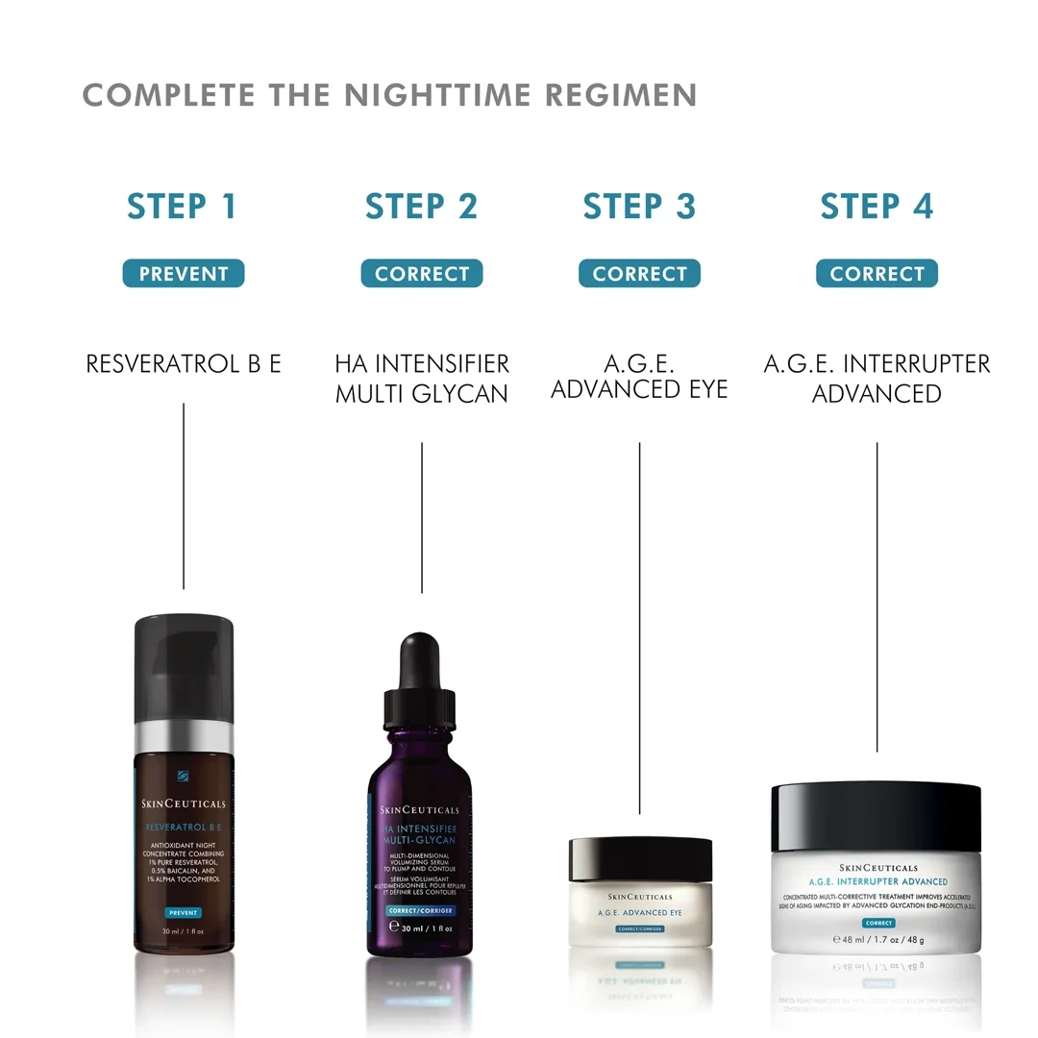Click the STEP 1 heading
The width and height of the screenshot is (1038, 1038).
click(x=182, y=207)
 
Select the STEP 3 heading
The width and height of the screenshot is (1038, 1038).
click(x=639, y=207)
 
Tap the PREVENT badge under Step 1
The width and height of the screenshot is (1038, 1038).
click(x=183, y=274)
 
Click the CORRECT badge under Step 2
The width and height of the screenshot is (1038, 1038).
click(x=421, y=274)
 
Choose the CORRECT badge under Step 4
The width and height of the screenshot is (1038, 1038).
click(x=877, y=274)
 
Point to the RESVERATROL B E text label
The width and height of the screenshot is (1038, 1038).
click(x=183, y=364)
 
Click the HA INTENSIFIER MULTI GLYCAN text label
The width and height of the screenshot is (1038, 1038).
click(x=421, y=379)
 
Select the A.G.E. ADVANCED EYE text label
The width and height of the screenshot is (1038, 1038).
click(x=639, y=377)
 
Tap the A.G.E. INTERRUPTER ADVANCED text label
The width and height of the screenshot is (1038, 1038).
click(x=877, y=379)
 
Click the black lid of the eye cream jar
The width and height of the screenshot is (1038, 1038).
click(x=640, y=859)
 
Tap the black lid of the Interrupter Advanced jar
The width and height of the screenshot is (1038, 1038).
click(x=876, y=817)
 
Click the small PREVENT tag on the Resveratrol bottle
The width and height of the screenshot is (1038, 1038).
click(x=183, y=912)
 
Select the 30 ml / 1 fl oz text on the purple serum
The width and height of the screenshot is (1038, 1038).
click(x=427, y=927)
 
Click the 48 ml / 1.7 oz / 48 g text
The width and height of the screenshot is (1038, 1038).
click(x=876, y=939)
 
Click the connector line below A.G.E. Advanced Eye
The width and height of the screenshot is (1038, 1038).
click(x=639, y=625)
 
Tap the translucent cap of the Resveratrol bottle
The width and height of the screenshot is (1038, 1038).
click(x=183, y=663)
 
